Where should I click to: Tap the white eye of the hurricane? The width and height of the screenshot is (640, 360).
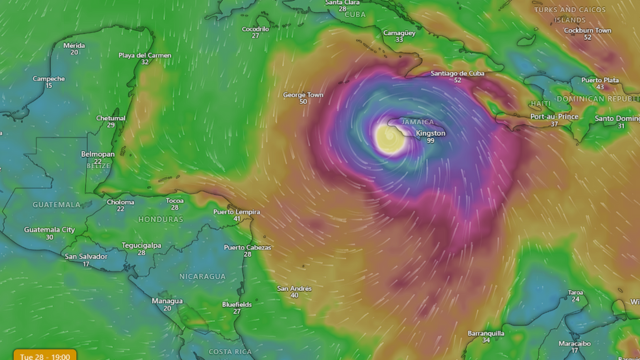390,139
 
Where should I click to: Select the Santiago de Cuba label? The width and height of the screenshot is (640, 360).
457,73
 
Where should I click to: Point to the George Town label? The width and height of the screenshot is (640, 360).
302,95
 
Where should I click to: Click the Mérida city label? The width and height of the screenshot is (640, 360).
74,45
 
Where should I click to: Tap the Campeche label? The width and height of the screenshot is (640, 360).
48,78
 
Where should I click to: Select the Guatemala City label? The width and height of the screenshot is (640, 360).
49,230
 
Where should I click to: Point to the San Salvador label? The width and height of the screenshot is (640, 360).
85,256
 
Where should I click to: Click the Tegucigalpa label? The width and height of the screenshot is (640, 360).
141,245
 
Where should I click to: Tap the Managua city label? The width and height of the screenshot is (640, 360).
167,301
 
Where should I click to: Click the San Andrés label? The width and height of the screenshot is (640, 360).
294,287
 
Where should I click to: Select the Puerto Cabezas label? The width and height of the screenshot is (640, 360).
246,247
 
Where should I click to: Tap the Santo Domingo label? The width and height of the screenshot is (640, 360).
617,118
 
